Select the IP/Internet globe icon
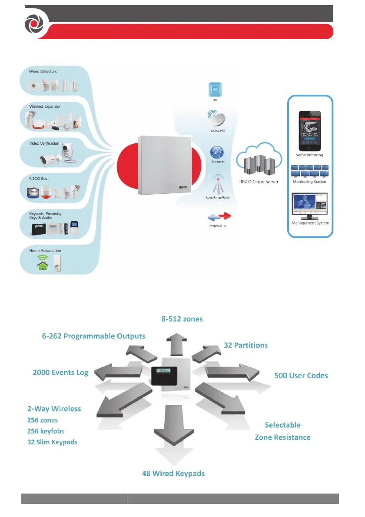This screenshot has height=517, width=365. pyautogui.click(x=216, y=152)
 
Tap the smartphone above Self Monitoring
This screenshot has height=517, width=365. pyautogui.click(x=310, y=128)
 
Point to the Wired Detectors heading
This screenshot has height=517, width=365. pyautogui.click(x=43, y=71)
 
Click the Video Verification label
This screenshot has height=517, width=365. pyautogui.click(x=44, y=143)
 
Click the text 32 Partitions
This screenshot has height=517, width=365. pyautogui.click(x=246, y=346)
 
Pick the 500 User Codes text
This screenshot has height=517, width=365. pyautogui.click(x=301, y=375)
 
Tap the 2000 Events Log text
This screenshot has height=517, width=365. pyautogui.click(x=60, y=372)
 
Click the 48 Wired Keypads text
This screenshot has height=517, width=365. pyautogui.click(x=173, y=473)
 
